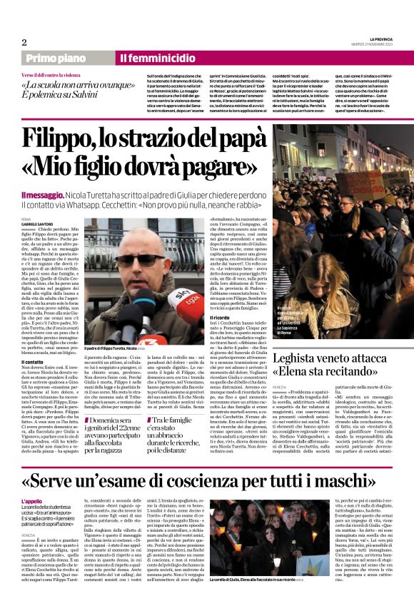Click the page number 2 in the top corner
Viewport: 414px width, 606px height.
coord(25,41)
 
